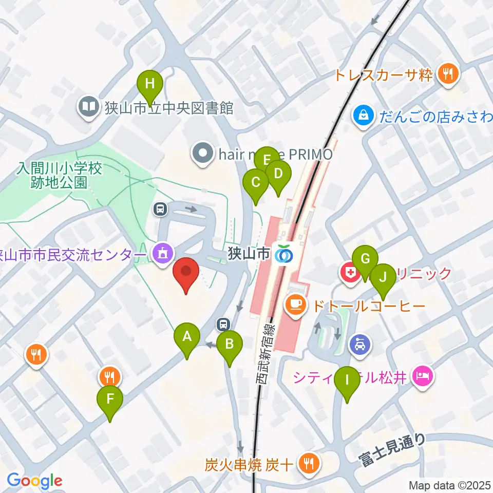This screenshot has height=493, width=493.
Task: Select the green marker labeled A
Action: [x=187, y=337]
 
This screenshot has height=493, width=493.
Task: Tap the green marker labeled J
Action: [x=383, y=278]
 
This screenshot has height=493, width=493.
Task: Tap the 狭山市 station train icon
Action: [x=283, y=254]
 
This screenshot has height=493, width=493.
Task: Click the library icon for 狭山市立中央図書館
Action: [x=89, y=107]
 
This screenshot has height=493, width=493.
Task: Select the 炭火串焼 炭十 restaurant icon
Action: [x=310, y=465]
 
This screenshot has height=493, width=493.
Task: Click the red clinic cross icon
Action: [x=350, y=273]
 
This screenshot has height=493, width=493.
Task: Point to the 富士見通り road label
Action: [x=393, y=450]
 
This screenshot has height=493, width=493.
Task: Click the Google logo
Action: [x=34, y=481]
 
